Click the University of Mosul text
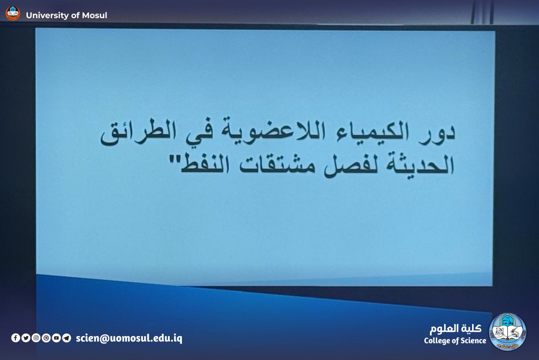click(67, 16)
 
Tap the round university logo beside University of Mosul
click(13, 13)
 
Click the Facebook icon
click(16, 338)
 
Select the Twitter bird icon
click(26, 338)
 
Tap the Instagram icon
click(36, 338)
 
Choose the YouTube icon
click(56, 338)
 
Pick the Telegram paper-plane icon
click(67, 338)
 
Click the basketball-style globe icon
click(46, 338)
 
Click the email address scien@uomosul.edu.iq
click(129, 339)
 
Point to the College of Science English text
click(455, 341)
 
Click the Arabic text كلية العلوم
click(456, 328)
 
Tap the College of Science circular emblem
click(508, 332)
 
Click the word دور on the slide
click(437, 135)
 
